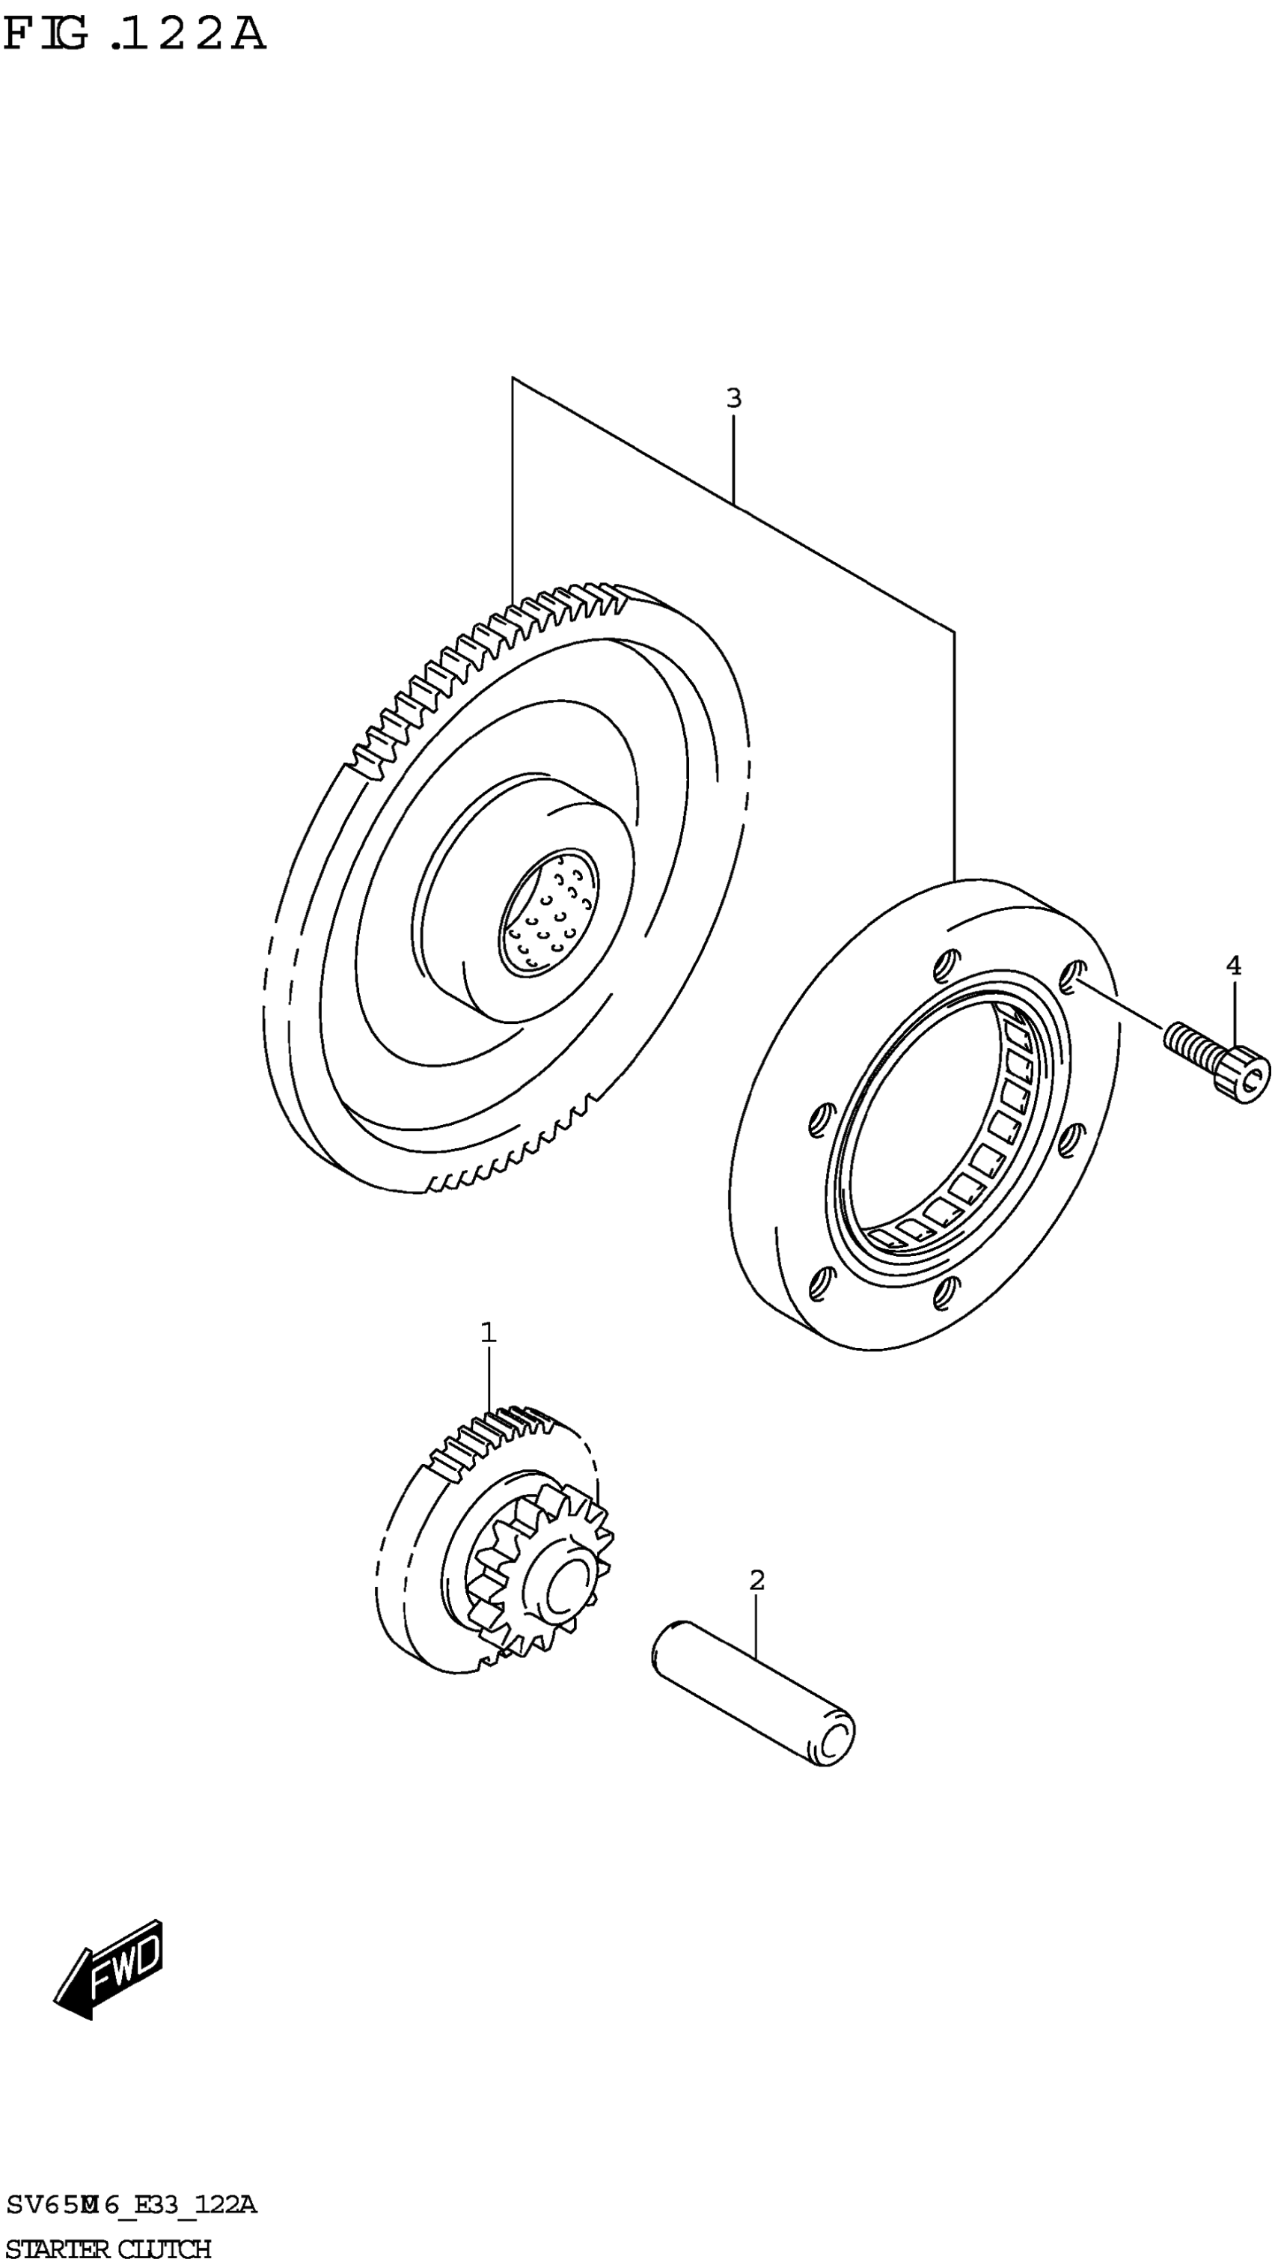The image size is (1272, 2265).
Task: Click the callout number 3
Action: coord(733,398)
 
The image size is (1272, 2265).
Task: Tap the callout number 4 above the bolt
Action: coord(1233,966)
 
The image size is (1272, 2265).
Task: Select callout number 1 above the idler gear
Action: coord(488,1332)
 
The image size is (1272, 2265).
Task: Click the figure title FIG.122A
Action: coord(134,34)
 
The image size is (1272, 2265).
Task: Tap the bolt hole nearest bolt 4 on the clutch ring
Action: coord(1070,975)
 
